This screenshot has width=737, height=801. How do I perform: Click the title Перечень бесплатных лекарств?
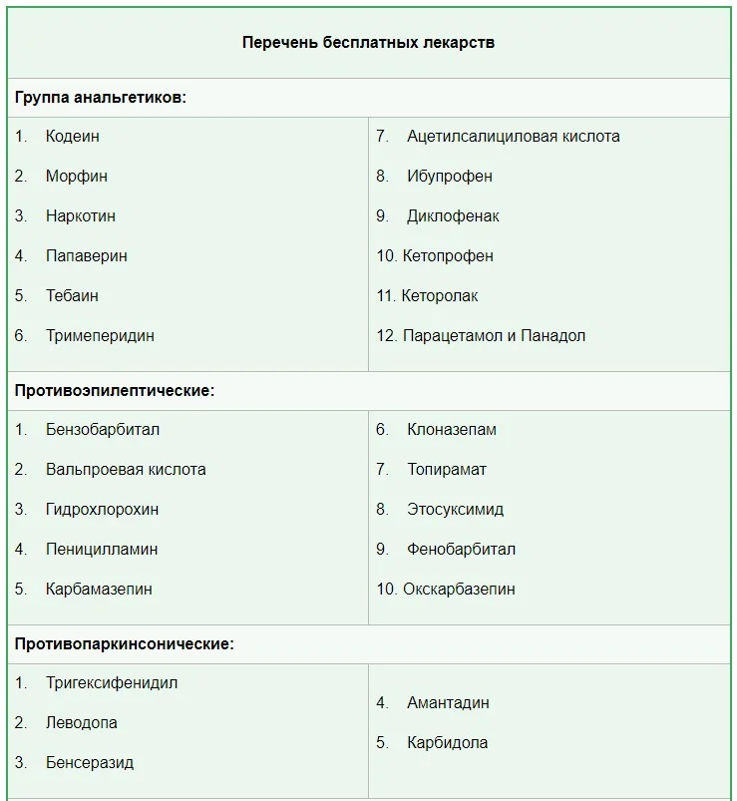[x=368, y=43]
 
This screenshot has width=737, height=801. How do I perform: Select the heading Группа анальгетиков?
[x=101, y=98]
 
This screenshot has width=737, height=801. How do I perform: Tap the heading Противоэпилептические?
[x=115, y=391]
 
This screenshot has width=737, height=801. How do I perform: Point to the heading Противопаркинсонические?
[x=125, y=644]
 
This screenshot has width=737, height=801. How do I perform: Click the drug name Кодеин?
[x=73, y=137]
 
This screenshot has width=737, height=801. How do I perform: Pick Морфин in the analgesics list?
[x=77, y=177]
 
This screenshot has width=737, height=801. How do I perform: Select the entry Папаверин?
[x=87, y=256]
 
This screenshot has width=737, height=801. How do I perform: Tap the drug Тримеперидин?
[x=100, y=336]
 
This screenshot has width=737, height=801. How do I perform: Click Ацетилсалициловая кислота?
[x=513, y=137]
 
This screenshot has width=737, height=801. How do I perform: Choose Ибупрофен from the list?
[x=450, y=177]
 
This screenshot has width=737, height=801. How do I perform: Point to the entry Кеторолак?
[x=440, y=296]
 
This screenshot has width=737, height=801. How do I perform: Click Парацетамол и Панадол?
[x=494, y=336]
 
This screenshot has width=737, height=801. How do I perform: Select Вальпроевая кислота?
[x=126, y=470]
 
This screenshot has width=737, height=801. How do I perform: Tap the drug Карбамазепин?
[x=99, y=590]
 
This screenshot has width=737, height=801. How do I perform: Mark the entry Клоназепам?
[x=452, y=430]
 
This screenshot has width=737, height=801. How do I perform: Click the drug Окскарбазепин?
[x=459, y=590]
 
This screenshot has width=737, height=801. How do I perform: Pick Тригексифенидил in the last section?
[x=112, y=683]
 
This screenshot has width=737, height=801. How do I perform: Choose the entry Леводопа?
[x=82, y=723]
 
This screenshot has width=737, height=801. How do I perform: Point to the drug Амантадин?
[x=448, y=703]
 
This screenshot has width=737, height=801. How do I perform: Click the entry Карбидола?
[x=447, y=743]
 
